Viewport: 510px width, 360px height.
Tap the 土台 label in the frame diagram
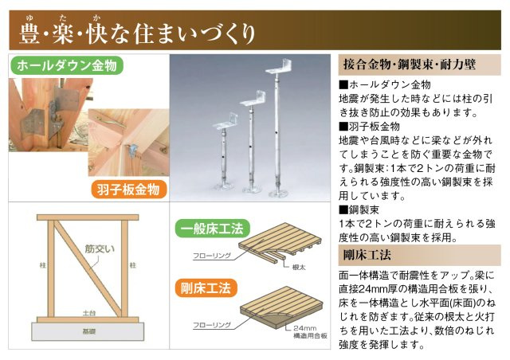pyautogui.click(x=86, y=315)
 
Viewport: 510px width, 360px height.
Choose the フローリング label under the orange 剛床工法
pyautogui.click(x=211, y=325)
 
